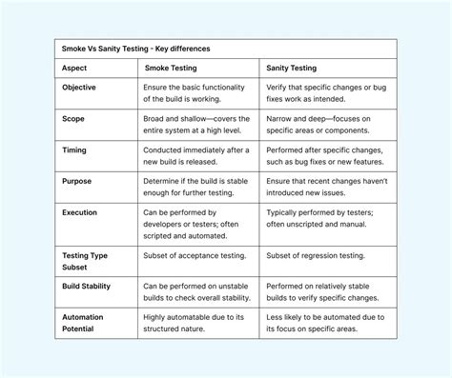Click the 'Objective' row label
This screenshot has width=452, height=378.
coord(79,87)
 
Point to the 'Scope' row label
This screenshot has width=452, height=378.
coord(73,119)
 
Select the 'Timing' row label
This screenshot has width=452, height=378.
coord(74,150)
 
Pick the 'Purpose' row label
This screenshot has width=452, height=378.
coord(77,181)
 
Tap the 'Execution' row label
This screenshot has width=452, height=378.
coord(80,212)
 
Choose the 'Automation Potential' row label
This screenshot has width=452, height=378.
coord(84,323)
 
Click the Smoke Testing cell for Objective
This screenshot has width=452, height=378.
coord(196,93)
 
